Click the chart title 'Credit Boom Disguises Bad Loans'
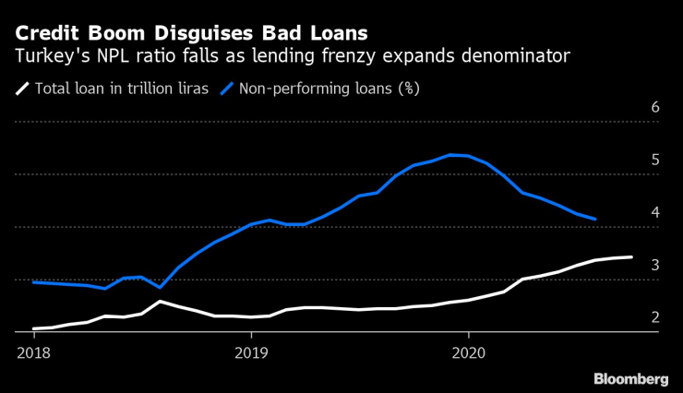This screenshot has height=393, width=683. point(190,32)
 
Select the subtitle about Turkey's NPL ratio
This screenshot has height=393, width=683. point(293,57)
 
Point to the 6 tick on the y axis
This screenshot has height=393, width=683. point(654,108)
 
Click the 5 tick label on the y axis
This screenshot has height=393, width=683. point(654,161)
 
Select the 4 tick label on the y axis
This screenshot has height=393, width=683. point(654,213)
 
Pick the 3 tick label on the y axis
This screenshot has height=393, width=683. point(654,266)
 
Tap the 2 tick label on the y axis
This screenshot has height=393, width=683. point(654,318)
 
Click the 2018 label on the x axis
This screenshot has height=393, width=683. point(32,351)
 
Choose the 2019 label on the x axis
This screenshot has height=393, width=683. point(250,351)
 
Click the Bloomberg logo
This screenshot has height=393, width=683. point(630,378)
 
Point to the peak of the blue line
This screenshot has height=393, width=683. point(449,155)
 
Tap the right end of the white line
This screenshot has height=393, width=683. point(631,257)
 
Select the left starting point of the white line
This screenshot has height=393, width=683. point(33,328)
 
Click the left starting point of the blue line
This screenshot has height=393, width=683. point(33,282)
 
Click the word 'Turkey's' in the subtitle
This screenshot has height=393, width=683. point(47,57)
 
